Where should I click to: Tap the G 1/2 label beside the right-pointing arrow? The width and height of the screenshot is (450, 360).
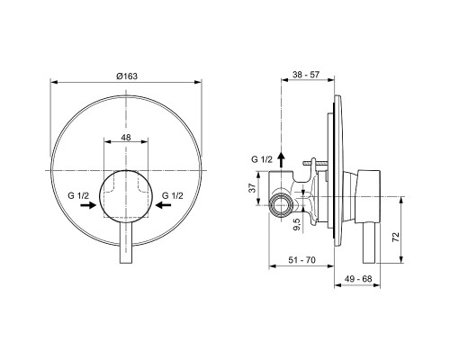[x=79, y=195]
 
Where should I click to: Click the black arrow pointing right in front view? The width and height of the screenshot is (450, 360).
[x=88, y=206]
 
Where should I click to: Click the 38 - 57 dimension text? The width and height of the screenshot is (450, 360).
[x=308, y=76]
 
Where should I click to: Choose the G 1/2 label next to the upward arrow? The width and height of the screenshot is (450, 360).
[x=261, y=159]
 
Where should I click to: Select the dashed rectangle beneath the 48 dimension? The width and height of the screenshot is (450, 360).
[x=127, y=184]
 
